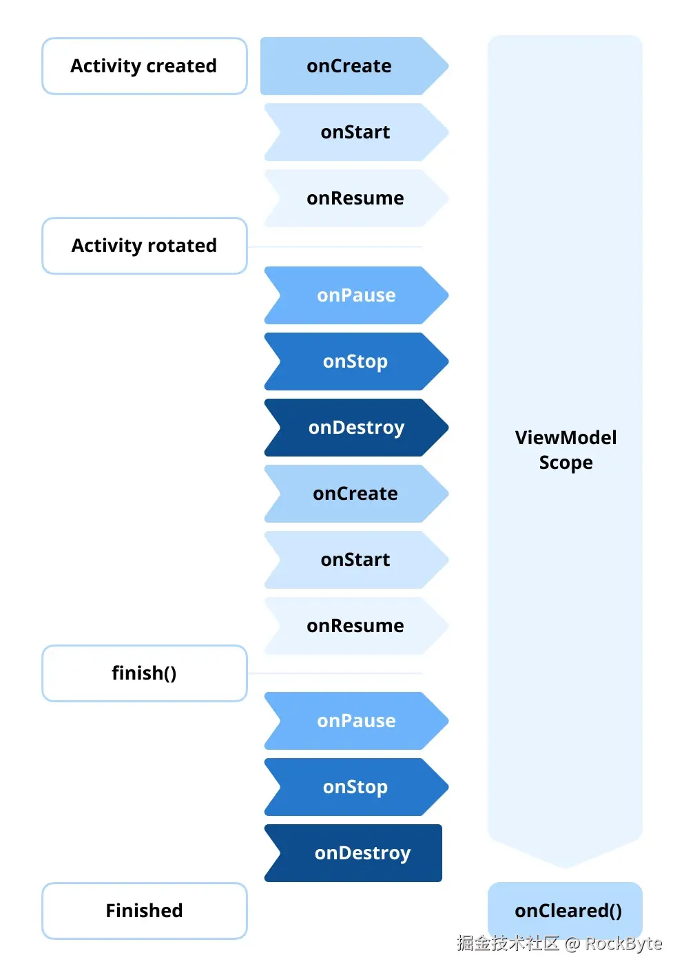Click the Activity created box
[x=144, y=66]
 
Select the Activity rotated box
[x=144, y=246]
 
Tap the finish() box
[x=144, y=673]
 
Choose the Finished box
[x=144, y=910]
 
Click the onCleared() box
[x=565, y=910]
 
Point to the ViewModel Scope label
[x=566, y=450]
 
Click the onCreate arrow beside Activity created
[x=354, y=66]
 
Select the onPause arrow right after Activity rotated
[x=356, y=295]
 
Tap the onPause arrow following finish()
[x=356, y=721]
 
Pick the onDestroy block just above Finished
[x=353, y=853]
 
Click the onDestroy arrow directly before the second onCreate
[x=356, y=428]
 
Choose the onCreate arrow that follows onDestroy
[x=356, y=494]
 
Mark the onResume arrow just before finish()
[x=356, y=626]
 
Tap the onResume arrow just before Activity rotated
[x=356, y=198]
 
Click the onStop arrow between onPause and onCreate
[x=356, y=361]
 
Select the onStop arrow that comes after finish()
[x=356, y=787]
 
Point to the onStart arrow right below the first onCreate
[x=356, y=132]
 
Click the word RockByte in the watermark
[x=623, y=943]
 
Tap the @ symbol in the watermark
[x=572, y=943]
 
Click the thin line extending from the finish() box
[x=335, y=673]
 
